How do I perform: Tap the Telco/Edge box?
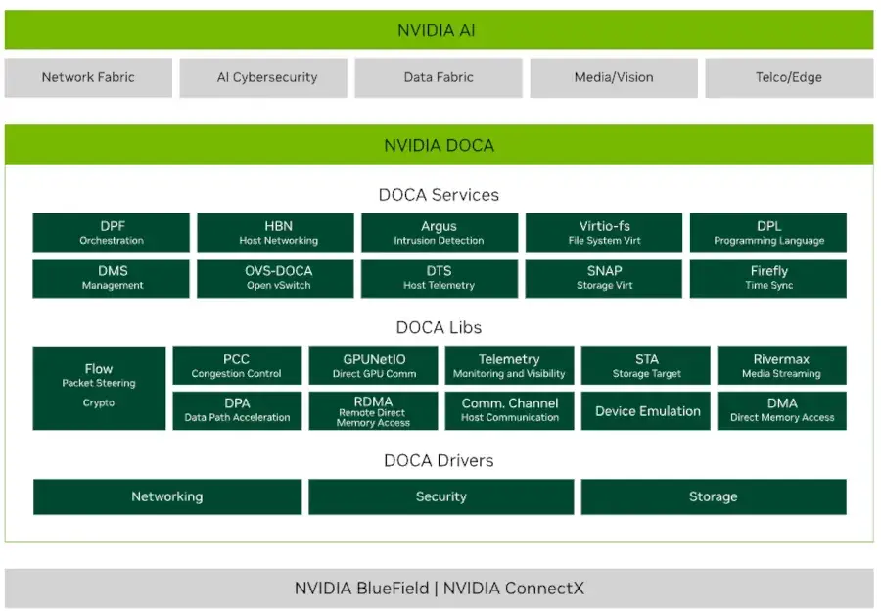[x=788, y=77]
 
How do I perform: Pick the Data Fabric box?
[x=439, y=77]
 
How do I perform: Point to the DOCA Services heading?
[x=439, y=194]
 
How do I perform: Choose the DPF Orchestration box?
[x=112, y=233]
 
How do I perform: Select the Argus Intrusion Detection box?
[x=439, y=233]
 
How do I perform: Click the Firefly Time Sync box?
[x=768, y=278]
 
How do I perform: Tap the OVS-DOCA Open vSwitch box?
[x=276, y=278]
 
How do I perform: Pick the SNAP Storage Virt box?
[x=604, y=278]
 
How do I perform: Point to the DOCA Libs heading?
[x=439, y=327]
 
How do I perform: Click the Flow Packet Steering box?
[x=99, y=387]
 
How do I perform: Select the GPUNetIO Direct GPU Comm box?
[x=373, y=365]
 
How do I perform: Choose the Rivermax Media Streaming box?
[x=781, y=365]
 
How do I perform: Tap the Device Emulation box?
[x=647, y=410]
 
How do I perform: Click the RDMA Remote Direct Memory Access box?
[x=373, y=410]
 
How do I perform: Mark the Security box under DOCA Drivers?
[x=440, y=496]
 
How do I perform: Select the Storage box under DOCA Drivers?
[x=713, y=496]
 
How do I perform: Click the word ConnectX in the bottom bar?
[x=544, y=589]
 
